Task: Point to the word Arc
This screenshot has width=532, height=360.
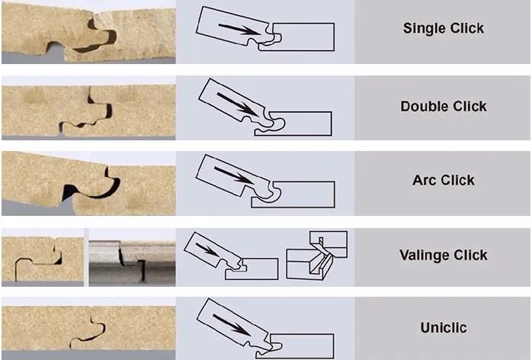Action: pyautogui.click(x=423, y=180)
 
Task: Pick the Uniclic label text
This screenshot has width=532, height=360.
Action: pyautogui.click(x=444, y=328)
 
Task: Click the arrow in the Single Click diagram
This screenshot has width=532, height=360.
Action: pyautogui.click(x=240, y=29)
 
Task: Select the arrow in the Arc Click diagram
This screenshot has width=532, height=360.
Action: pyautogui.click(x=234, y=175)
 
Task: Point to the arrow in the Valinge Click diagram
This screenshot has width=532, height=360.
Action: pyautogui.click(x=207, y=250)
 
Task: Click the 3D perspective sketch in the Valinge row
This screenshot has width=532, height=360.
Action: pyautogui.click(x=316, y=256)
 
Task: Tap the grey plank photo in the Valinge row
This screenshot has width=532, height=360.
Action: pyautogui.click(x=132, y=262)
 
